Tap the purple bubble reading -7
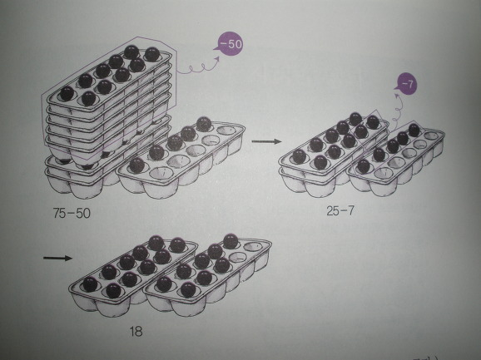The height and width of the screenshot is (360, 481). (x=406, y=84)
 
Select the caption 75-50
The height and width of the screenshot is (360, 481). (x=72, y=213)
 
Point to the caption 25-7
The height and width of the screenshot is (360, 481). (x=340, y=211)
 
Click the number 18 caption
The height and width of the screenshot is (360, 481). (x=136, y=332)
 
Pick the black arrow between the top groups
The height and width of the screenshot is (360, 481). (x=266, y=141)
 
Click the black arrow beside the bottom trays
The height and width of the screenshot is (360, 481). (x=58, y=258)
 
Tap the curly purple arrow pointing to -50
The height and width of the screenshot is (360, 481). (x=198, y=66)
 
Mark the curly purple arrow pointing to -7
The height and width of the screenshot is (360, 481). (x=397, y=110)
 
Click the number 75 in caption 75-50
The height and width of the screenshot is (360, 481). (x=59, y=213)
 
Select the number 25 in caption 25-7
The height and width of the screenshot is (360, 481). (x=333, y=211)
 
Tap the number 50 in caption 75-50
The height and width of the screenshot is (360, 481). (x=83, y=213)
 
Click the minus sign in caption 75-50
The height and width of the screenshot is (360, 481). (x=72, y=214)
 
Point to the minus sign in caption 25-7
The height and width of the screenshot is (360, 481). (x=343, y=211)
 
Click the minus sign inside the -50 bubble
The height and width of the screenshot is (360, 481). (x=224, y=44)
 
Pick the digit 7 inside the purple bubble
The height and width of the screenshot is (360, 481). (x=409, y=84)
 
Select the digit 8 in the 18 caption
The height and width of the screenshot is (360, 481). (x=139, y=332)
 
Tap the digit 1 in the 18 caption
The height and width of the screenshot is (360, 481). (x=132, y=332)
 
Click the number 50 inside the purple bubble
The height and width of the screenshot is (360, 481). (x=235, y=44)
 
